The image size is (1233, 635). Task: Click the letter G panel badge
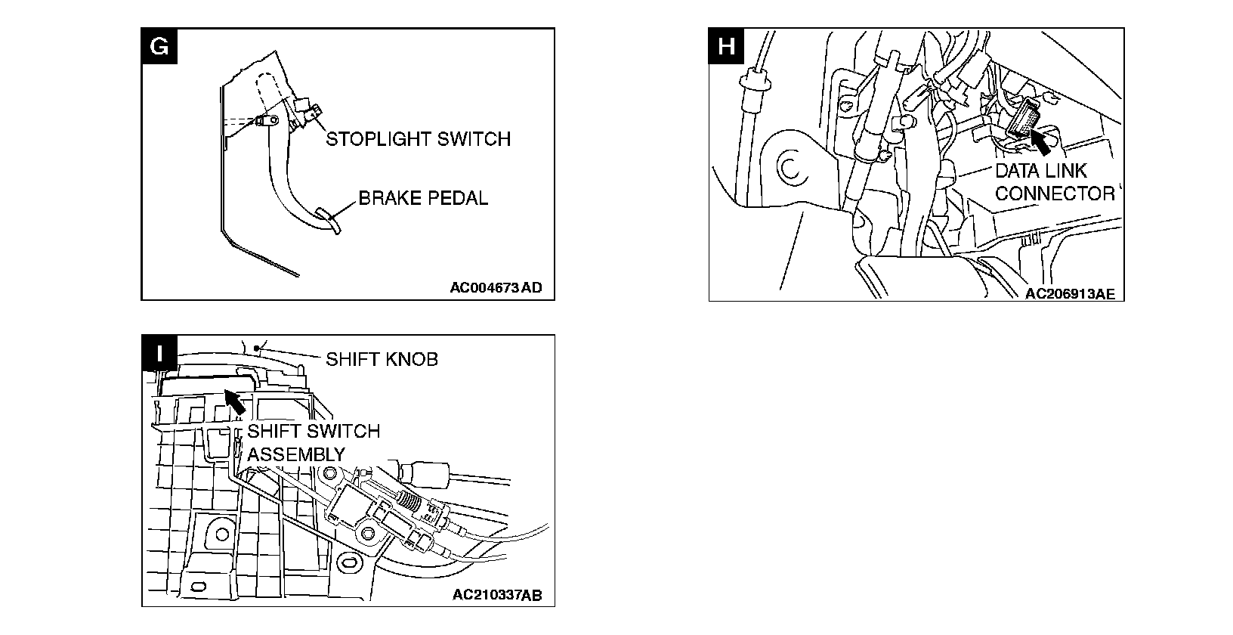pos(159,45)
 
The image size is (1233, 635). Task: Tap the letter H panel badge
pos(726,45)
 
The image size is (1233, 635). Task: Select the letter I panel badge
pos(159,352)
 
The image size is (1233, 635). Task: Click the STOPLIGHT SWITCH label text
pos(418,139)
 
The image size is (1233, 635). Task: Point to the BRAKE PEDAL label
pos(423,198)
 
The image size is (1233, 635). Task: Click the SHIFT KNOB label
pos(382,358)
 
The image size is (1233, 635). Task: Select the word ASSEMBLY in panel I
pos(296,454)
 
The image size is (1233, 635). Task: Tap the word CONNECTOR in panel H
pos(1055,194)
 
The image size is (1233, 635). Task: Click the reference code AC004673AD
pos(496,287)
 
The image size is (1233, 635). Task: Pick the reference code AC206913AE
pos(1070,294)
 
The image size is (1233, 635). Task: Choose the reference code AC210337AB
pos(497,595)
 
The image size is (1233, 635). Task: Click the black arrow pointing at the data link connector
pos(1043,141)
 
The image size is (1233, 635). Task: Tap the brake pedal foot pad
pos(329,221)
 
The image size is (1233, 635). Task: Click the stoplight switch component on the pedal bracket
pos(307,111)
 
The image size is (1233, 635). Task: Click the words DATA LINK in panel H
pos(1040,172)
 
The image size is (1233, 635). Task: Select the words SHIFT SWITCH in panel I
pos(314,432)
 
